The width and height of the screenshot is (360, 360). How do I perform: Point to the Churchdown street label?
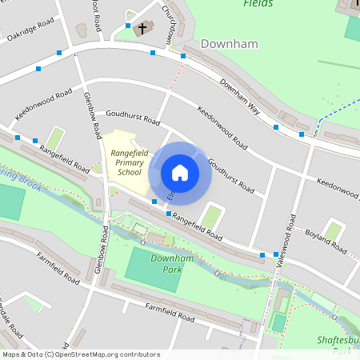pyautogui.click(x=168, y=24)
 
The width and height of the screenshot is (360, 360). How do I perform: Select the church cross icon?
pyautogui.click(x=143, y=29)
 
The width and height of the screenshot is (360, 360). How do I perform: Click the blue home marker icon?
pyautogui.click(x=180, y=173)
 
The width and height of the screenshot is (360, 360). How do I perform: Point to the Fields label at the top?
pyautogui.click(x=258, y=4)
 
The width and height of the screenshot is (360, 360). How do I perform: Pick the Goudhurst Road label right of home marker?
pyautogui.click(x=230, y=176)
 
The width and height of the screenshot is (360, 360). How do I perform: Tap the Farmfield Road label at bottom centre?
pyautogui.click(x=170, y=313)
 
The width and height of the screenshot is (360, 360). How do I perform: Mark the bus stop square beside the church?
pyautogui.click(x=127, y=26)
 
